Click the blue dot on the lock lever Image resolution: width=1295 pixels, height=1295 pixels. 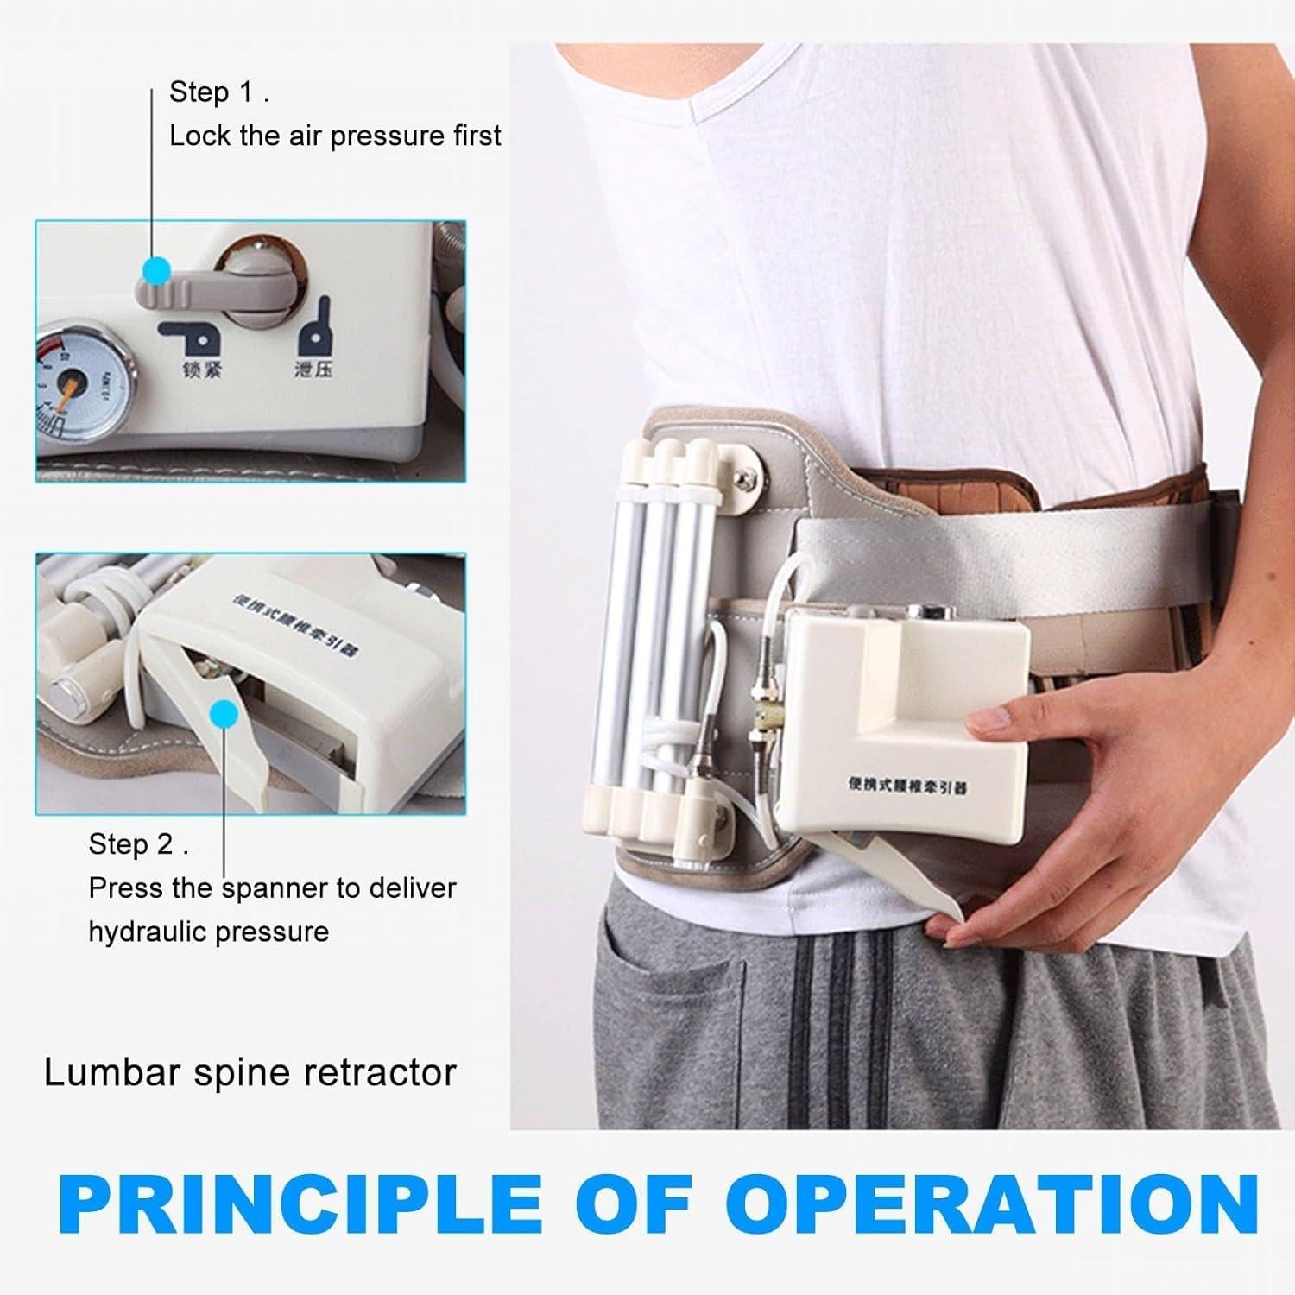click(x=156, y=271)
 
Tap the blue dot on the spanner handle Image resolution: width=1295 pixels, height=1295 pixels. click(x=224, y=713)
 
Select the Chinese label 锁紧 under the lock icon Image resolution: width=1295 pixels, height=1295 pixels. click(x=202, y=371)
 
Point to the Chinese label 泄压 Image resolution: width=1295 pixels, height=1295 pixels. click(x=313, y=370)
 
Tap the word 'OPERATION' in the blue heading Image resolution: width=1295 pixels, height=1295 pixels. click(x=991, y=1203)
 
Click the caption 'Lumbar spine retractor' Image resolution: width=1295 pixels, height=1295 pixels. click(x=250, y=1073)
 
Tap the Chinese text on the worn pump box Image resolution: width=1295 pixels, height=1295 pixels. click(x=907, y=785)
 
